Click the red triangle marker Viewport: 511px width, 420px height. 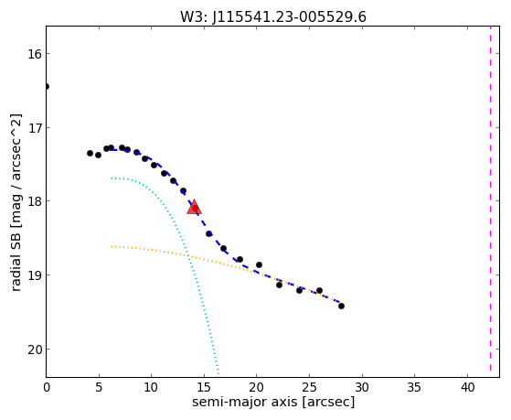tap(194, 207)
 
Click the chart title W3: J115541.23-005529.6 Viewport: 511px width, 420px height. tap(273, 16)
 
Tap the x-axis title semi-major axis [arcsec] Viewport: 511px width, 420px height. tap(273, 402)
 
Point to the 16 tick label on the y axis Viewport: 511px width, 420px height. tap(35, 54)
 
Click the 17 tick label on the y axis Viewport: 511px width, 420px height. tap(35, 127)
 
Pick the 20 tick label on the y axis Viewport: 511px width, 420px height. tap(35, 350)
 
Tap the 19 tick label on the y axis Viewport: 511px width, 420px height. tap(35, 275)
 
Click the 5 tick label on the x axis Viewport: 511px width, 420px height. tap(99, 388)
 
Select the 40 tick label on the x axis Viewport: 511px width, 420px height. tap(467, 388)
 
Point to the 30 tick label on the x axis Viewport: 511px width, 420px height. tap(362, 388)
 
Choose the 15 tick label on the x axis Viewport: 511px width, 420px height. tap(204, 388)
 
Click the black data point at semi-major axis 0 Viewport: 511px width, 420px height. tap(47, 87)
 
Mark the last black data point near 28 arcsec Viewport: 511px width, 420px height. tap(341, 307)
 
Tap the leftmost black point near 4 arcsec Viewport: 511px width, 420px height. tap(90, 153)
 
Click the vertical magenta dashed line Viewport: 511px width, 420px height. tap(490, 201)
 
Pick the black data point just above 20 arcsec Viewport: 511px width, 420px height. tap(259, 264)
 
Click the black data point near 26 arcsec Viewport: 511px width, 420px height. tap(319, 290)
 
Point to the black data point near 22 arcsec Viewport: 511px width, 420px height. tap(280, 285)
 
